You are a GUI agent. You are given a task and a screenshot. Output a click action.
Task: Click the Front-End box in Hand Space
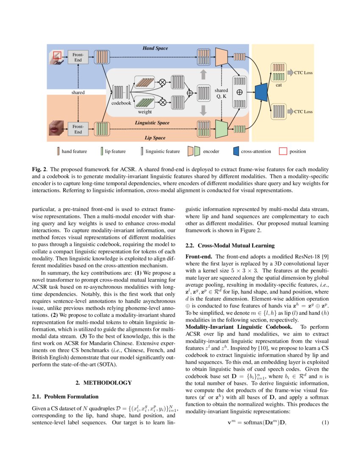pyautogui.click(x=78, y=57)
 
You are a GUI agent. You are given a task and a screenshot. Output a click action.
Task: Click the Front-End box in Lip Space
pyautogui.click(x=78, y=129)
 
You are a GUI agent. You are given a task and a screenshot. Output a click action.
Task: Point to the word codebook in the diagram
pyautogui.click(x=122, y=103)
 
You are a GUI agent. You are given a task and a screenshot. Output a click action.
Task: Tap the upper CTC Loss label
pyautogui.click(x=303, y=73)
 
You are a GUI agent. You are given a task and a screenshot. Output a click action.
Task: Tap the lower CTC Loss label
pyautogui.click(x=303, y=112)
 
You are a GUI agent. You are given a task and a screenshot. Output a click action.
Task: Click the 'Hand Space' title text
pyautogui.click(x=155, y=49)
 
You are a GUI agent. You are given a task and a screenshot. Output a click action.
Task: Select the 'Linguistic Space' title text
pyautogui.click(x=152, y=123)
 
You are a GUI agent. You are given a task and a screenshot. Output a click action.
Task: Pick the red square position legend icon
pyautogui.click(x=282, y=151)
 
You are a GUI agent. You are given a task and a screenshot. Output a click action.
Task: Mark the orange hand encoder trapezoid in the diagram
pyautogui.click(x=220, y=56)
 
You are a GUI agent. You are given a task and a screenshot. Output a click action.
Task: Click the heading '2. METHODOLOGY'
pyautogui.click(x=103, y=383)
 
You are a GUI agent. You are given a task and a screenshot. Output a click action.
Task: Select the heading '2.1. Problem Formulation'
pyautogui.click(x=65, y=397)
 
